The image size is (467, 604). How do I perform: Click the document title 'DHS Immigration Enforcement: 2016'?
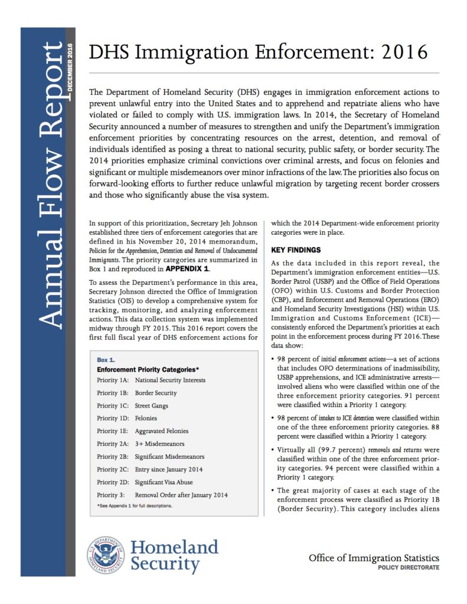click(257, 52)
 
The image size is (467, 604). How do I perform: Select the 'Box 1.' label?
click(107, 359)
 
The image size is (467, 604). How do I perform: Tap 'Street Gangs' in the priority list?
click(152, 406)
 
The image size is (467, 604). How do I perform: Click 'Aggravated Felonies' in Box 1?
click(161, 431)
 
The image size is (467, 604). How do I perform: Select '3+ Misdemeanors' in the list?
click(159, 444)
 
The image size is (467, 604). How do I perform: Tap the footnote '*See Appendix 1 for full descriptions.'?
click(135, 506)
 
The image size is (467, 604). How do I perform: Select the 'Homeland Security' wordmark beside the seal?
click(174, 555)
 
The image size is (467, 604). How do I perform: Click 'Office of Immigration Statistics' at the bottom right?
click(374, 557)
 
